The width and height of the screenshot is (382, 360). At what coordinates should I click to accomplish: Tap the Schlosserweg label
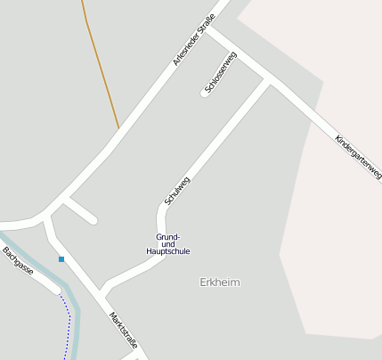[x=221, y=73]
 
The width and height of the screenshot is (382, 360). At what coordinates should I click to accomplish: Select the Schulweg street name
[x=177, y=190]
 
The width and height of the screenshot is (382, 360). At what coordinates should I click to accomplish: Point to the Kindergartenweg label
[x=359, y=158]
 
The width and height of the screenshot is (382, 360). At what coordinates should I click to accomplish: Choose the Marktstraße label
[x=123, y=329]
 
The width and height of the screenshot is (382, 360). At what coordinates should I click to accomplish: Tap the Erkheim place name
[x=220, y=282]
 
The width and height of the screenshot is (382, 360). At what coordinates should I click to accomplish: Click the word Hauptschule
[x=168, y=251]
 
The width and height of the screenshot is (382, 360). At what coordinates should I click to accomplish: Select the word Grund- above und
[x=168, y=236]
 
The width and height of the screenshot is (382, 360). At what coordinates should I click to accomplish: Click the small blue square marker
[x=61, y=259]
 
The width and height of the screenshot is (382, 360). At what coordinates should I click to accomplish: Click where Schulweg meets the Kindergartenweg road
[x=269, y=80]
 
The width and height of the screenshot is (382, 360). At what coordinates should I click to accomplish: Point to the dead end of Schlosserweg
[x=206, y=92]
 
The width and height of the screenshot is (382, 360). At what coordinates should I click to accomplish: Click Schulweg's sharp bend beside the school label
[x=162, y=212]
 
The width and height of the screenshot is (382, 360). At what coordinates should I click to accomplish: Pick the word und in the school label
[x=167, y=244]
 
